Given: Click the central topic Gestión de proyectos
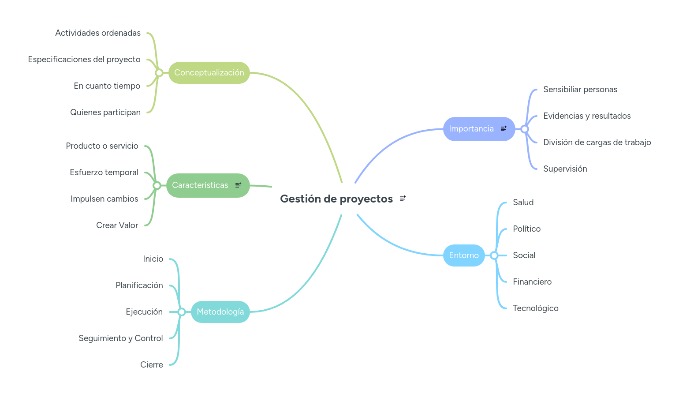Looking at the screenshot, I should pos(336,199).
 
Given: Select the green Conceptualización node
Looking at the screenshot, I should pos(209,73).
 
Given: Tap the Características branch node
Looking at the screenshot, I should pos(200,185).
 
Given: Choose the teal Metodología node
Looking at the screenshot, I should pos(220,312).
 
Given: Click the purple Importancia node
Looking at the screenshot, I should pos(471,129).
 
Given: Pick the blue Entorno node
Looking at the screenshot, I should pos(463,255).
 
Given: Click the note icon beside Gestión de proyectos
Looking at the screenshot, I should pos(403,199).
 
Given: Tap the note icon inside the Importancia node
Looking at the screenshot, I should pos(504,129).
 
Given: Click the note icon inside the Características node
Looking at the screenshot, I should pos(238,185).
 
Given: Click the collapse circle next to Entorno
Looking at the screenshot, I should pos(494,255).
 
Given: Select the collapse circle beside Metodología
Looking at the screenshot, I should pos(182,312).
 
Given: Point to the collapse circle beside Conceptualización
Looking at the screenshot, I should pos(159,73).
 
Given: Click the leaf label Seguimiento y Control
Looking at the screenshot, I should pos(121,338).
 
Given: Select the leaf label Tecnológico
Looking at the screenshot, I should pos(535,308).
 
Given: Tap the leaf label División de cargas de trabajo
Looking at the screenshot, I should pos(597,143).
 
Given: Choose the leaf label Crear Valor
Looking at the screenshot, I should pos(117,225).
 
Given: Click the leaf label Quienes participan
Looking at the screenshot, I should pos(105,113).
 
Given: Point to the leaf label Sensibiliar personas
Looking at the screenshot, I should pos(580,90).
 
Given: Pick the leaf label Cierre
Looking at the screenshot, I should pos(152,365).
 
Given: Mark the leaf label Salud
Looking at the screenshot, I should pos(523,203).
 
